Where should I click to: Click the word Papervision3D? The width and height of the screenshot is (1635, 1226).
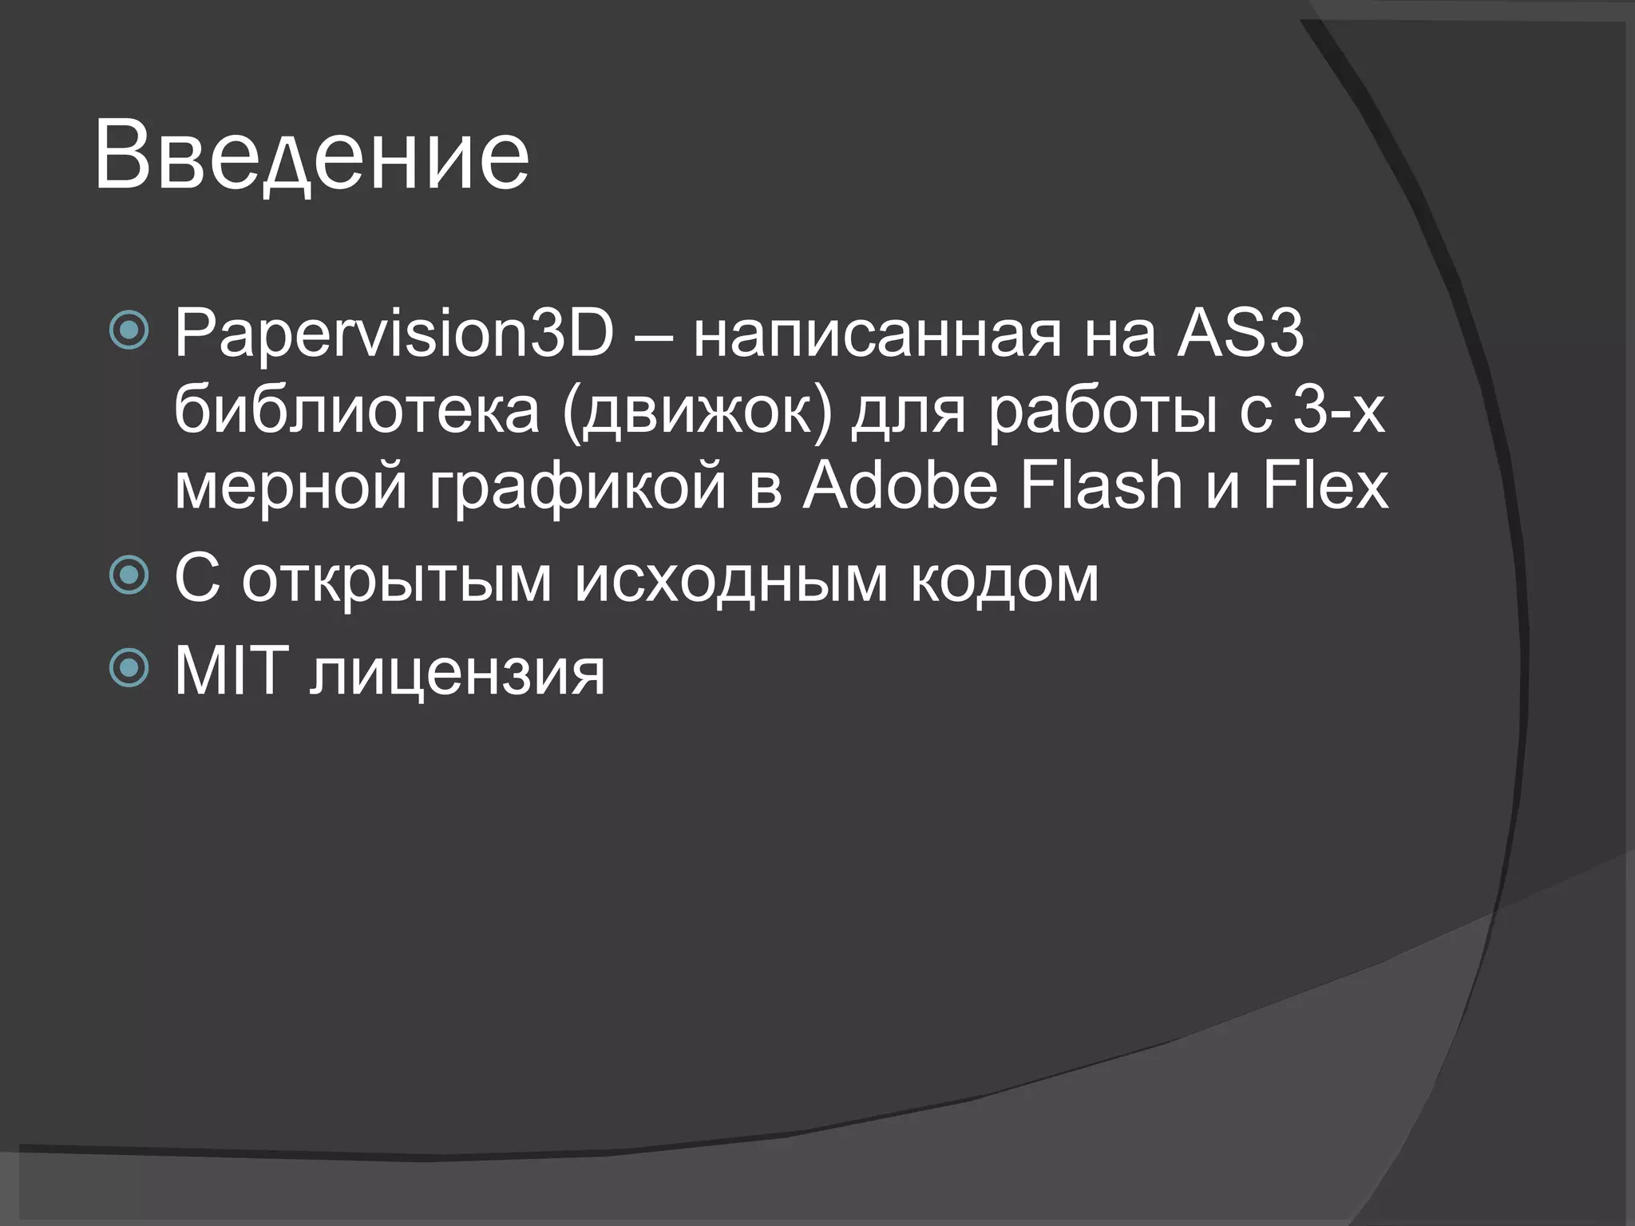pos(394,334)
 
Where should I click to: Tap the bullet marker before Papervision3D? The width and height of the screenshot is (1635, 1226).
pos(129,330)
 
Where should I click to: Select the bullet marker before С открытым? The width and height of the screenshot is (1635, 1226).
pos(129,575)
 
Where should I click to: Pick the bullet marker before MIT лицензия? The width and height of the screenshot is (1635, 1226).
pos(129,668)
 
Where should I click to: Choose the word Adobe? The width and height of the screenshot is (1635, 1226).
pos(901,485)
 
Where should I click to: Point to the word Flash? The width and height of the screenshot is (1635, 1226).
pos(1102,485)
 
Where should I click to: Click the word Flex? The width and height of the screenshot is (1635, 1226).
pos(1325,485)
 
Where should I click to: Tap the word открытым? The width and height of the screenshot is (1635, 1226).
pos(397,581)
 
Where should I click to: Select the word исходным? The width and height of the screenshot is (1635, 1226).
pos(731,581)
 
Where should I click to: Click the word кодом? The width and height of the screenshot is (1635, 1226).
pos(1004,581)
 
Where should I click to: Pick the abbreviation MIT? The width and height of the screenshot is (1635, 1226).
pos(232,670)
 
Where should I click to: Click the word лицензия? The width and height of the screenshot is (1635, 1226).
pos(457,675)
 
